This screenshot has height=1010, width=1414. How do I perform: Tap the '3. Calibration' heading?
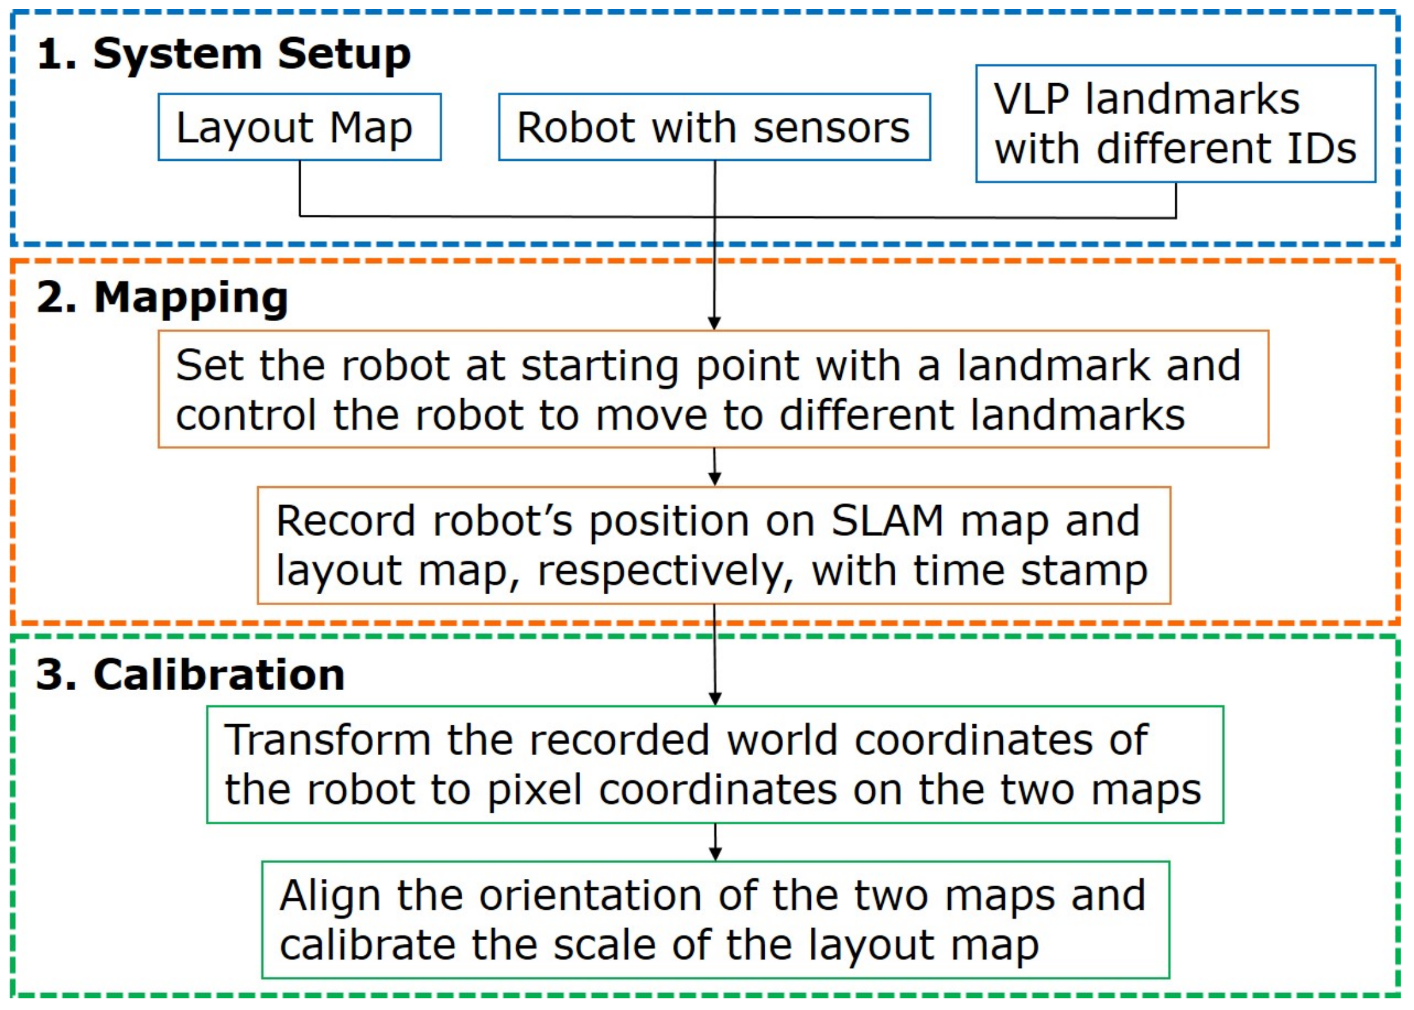pos(191,675)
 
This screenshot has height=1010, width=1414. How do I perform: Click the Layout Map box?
pos(299,127)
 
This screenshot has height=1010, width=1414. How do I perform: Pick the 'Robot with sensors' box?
pos(714,127)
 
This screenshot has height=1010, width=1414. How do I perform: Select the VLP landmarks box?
pos(1175,124)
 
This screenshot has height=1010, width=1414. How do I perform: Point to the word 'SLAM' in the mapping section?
pos(887,521)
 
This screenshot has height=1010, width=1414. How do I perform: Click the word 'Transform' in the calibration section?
pos(327,740)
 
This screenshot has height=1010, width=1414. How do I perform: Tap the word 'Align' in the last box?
pos(330,896)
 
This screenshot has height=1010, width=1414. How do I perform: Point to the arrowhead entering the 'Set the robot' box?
pos(714,324)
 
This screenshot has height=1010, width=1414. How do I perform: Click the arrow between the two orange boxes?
pos(714,467)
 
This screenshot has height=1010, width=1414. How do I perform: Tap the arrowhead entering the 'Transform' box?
pos(715,699)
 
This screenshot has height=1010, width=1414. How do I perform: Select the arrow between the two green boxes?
pos(715,842)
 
